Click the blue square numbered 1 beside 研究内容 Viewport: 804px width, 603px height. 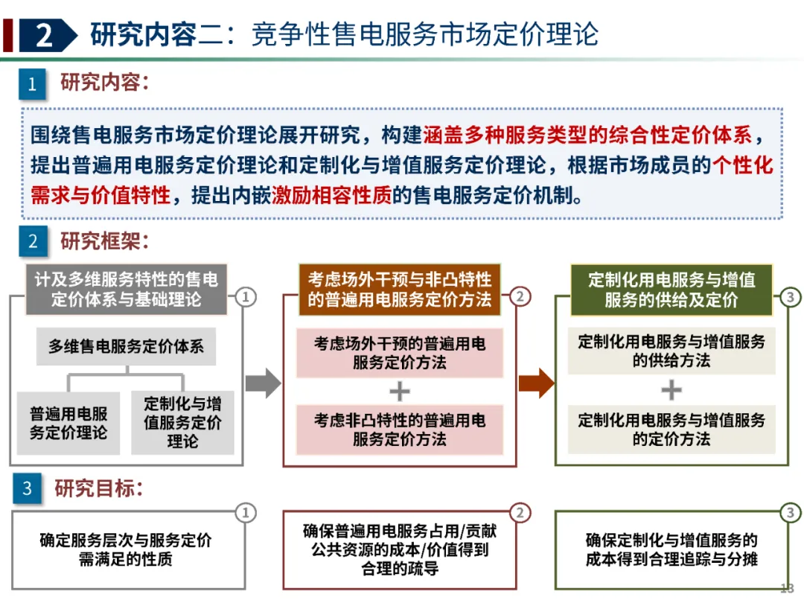[x=32, y=84]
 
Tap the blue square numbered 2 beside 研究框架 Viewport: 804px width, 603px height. [x=32, y=242]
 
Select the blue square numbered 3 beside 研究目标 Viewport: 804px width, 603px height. [x=28, y=488]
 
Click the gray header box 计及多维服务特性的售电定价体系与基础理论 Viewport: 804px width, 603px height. [x=126, y=290]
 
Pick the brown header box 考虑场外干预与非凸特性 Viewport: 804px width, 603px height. [x=399, y=290]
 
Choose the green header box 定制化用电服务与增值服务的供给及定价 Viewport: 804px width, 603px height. [x=671, y=290]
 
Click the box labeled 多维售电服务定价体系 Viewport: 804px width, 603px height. [x=126, y=346]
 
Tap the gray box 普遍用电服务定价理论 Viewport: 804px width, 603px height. [x=68, y=423]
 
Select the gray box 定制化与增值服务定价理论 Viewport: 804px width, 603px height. [x=182, y=423]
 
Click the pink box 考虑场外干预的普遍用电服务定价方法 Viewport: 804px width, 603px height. [x=399, y=353]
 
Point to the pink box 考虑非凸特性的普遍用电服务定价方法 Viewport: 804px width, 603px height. [x=399, y=430]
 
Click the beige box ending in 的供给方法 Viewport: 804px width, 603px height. [x=671, y=351]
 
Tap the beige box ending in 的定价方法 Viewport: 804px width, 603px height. [x=671, y=430]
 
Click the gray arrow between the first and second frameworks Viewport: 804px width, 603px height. [x=263, y=383]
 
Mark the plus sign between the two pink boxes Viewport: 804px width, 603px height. [x=400, y=391]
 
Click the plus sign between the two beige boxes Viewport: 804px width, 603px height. [x=671, y=390]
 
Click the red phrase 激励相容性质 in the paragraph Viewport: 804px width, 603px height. [x=331, y=196]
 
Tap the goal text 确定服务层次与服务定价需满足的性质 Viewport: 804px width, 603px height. [x=126, y=549]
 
